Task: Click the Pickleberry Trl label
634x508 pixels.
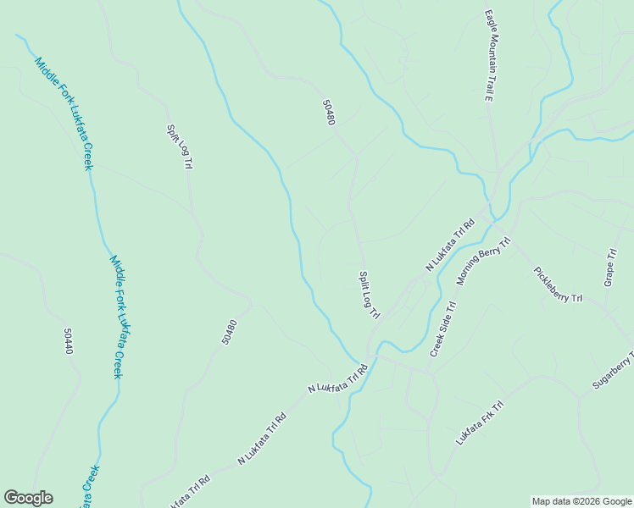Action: (x=558, y=285)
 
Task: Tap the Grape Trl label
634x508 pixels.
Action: (x=609, y=268)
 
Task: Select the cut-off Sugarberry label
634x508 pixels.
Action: (x=613, y=370)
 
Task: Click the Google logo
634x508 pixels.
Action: (x=28, y=498)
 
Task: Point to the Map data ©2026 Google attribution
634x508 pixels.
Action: (x=581, y=501)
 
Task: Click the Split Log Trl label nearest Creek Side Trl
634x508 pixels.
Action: (x=369, y=295)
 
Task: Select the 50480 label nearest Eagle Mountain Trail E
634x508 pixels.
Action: (x=329, y=113)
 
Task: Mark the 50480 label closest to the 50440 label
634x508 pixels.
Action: (x=229, y=331)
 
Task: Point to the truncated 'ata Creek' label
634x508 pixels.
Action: (x=88, y=486)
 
